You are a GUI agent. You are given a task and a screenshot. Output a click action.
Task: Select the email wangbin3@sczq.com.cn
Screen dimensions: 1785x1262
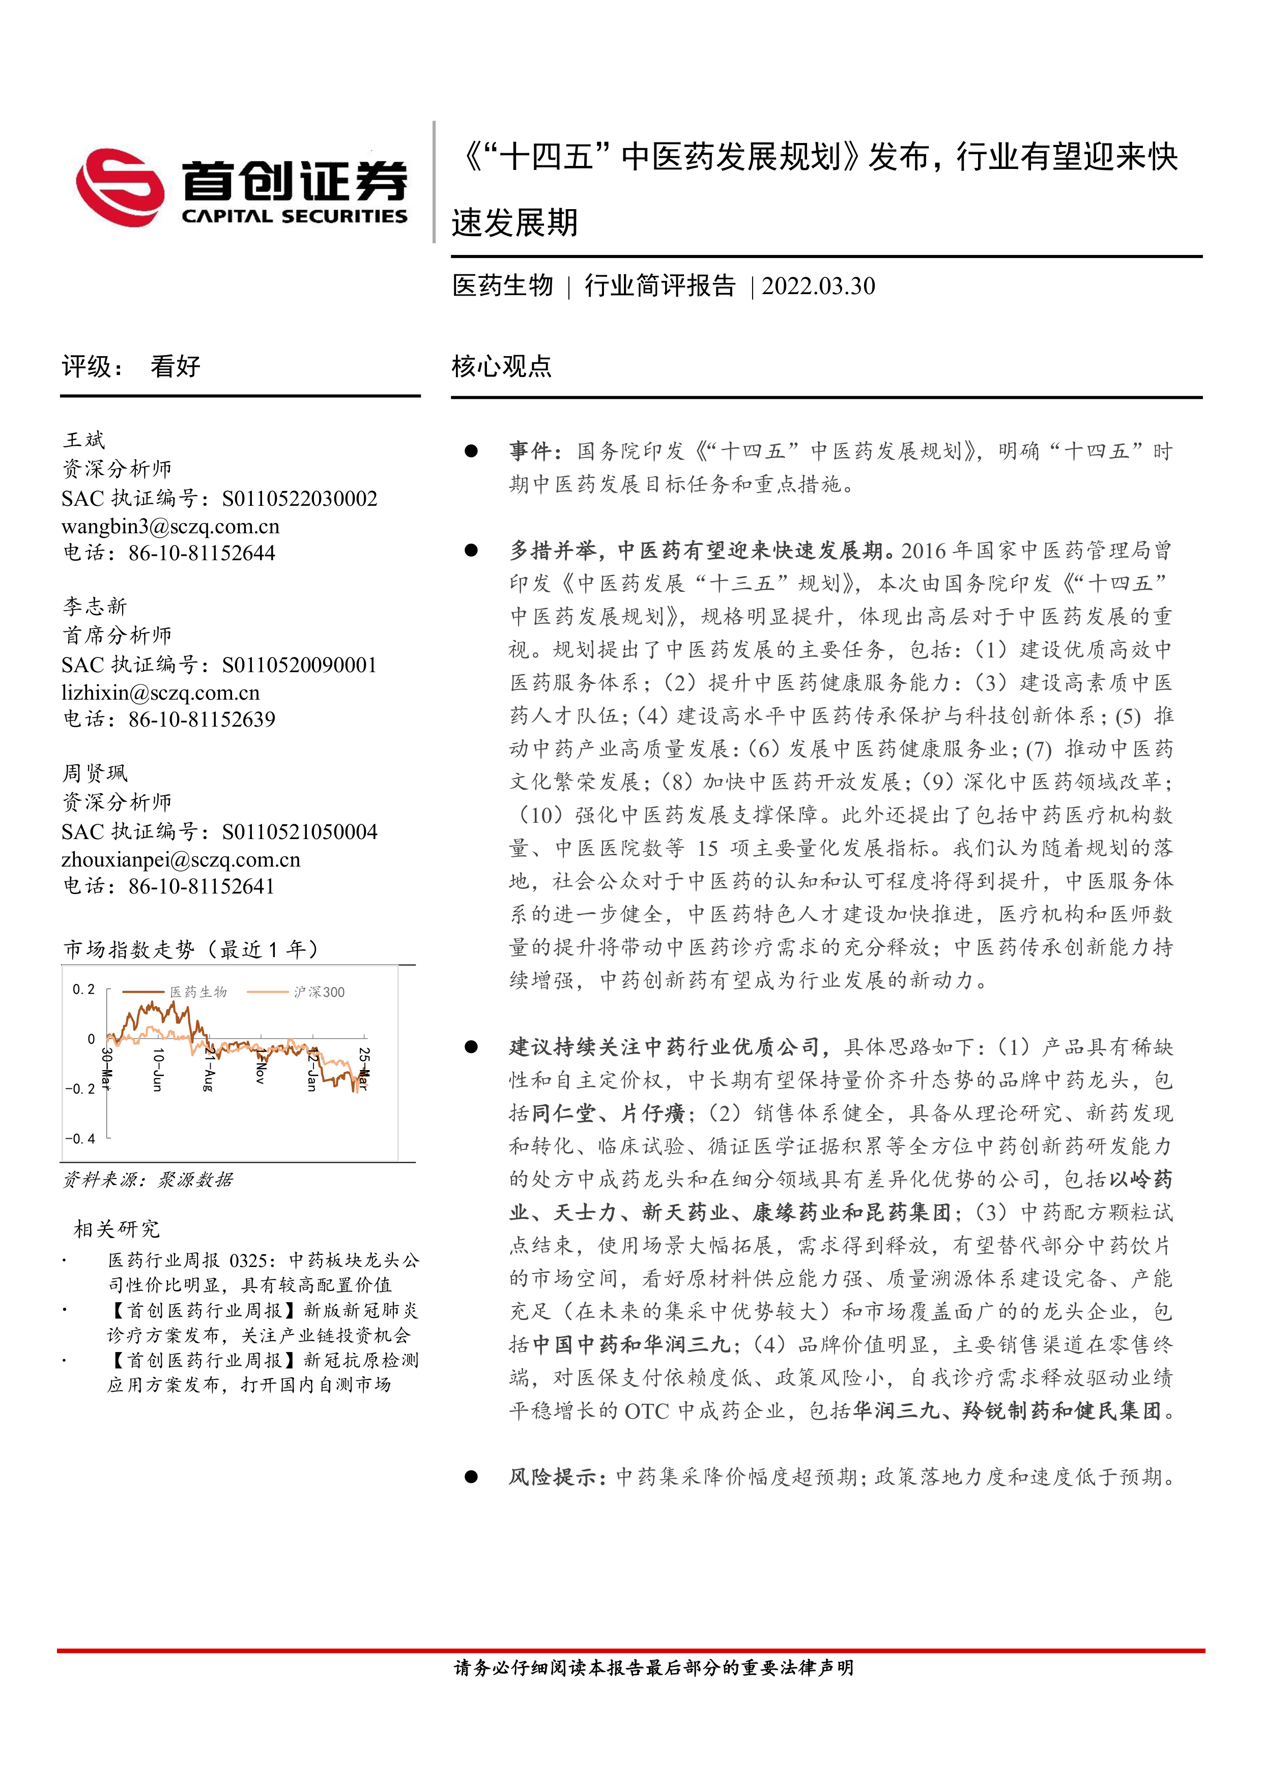(170, 526)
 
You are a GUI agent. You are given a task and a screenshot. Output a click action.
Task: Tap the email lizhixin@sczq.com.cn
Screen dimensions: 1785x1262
(160, 693)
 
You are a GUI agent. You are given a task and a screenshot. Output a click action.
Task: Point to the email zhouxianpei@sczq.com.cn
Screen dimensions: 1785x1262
(181, 860)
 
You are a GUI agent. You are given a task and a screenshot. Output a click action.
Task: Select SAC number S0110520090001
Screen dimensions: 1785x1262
(299, 666)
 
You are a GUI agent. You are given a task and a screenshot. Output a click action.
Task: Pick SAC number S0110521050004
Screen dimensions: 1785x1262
(299, 832)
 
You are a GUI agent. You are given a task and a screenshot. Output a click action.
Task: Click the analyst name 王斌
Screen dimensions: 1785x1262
(84, 440)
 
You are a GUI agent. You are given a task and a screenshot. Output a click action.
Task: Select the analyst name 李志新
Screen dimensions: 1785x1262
(95, 607)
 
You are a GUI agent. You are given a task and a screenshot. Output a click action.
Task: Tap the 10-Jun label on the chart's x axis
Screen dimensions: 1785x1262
(158, 1069)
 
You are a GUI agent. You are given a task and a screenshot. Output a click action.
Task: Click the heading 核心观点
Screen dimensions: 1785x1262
(502, 366)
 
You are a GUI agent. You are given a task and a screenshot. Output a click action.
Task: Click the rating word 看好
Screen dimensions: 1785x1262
(176, 366)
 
